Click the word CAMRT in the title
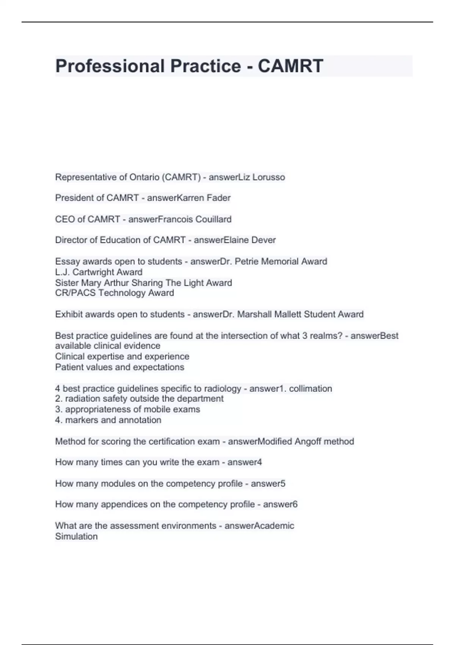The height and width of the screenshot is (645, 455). coord(290,66)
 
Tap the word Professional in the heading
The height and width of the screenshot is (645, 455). coord(110,66)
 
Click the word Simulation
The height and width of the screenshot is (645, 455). coord(76,536)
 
